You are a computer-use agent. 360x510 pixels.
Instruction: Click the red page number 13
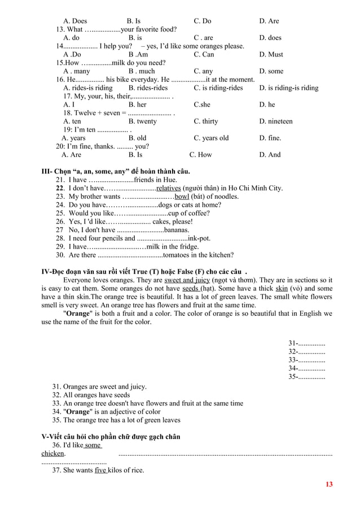330,485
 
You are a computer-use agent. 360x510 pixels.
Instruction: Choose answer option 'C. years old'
211,138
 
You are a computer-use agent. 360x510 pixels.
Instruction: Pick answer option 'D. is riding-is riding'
288,88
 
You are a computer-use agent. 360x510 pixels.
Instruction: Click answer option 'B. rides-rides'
148,88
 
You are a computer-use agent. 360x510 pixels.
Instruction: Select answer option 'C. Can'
204,55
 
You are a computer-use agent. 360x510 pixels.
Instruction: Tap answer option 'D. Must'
271,55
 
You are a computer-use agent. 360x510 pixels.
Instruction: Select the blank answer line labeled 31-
306,343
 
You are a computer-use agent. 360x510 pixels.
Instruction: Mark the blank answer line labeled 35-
306,377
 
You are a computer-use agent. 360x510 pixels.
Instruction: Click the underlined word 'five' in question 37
100,470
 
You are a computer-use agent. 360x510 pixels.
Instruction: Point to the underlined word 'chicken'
53,453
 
